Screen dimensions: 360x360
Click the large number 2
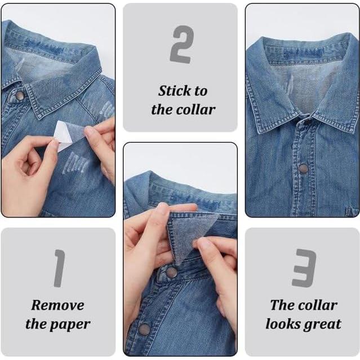click(181, 45)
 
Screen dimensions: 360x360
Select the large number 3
click(304, 268)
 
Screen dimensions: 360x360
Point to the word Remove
click(57, 305)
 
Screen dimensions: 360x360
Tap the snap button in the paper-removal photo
click(20, 96)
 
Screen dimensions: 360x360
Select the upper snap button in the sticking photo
click(171, 272)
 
